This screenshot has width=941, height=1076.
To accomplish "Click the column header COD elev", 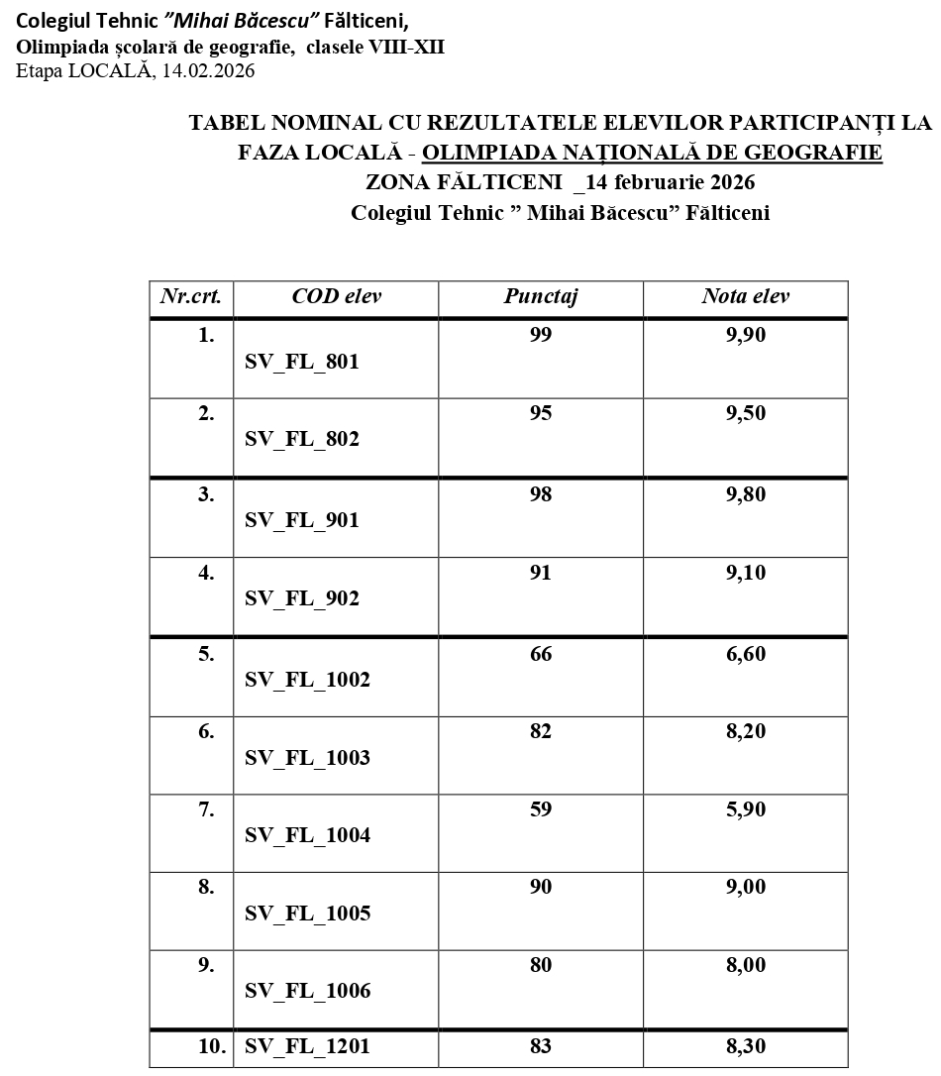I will click(336, 296).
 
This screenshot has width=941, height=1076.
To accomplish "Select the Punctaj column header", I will click(540, 296).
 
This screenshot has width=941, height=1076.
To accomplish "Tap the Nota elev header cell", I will click(745, 296).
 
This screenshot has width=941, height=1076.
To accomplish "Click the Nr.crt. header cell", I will click(191, 296).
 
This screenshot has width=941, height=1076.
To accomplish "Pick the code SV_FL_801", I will click(302, 362).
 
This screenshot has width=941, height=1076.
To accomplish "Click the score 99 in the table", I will click(540, 335).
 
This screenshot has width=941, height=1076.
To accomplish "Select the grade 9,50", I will click(745, 413).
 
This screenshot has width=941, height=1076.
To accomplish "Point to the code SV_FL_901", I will click(302, 520).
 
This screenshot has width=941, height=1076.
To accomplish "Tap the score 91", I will click(540, 573).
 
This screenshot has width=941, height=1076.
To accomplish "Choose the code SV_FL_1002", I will click(307, 680).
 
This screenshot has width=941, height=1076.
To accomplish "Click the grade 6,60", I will click(745, 654).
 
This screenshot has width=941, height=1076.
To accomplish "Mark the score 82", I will click(540, 732).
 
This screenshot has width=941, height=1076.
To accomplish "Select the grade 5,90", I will click(745, 809).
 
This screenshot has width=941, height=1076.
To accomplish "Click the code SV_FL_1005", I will click(307, 914).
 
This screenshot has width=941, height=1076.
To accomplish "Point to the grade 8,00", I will click(745, 965).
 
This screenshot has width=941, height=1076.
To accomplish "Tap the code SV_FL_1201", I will click(307, 1046).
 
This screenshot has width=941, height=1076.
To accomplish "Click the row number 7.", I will click(206, 809).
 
